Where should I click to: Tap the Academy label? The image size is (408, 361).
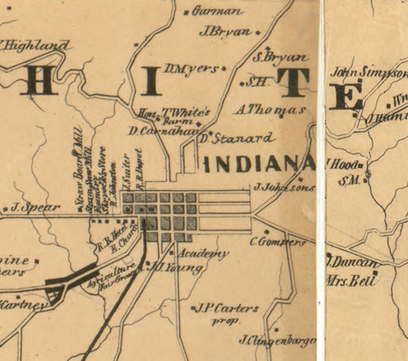coord(202,254)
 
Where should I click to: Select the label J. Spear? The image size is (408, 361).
coord(35,208)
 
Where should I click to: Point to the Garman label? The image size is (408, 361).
coord(217,12)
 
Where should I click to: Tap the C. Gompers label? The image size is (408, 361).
coord(278,242)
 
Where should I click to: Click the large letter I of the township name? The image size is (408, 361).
coord(152,81)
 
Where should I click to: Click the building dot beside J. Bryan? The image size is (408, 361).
coord(258,33)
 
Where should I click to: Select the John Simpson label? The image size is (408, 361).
coord(369,73)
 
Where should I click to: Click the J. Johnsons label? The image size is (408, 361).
coord(284,188)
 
